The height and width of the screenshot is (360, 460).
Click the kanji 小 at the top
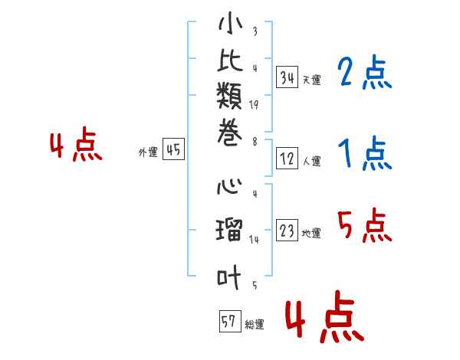(x=230, y=25)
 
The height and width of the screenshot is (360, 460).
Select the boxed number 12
(x=287, y=159)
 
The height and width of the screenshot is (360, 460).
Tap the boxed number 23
(x=287, y=231)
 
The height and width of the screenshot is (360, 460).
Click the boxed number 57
(x=228, y=321)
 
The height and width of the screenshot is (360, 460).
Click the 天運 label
(x=311, y=80)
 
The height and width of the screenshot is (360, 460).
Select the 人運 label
(x=311, y=162)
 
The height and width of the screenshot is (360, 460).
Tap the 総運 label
(x=255, y=325)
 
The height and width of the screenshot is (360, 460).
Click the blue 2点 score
(x=365, y=74)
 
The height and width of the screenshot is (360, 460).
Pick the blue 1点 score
(x=365, y=155)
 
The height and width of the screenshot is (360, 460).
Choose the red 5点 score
(x=365, y=226)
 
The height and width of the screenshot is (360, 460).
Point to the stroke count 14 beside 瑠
(x=254, y=240)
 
